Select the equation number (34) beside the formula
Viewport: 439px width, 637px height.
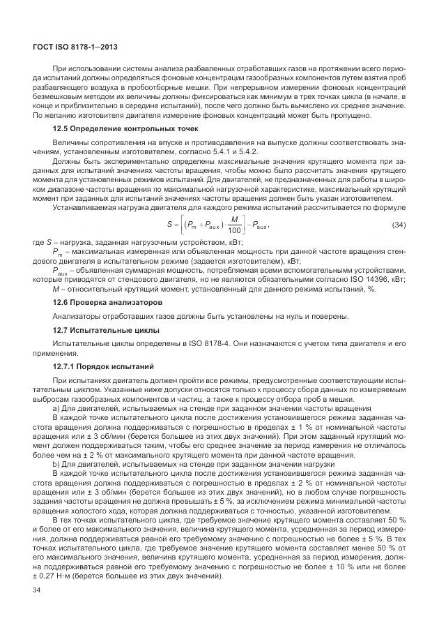(x=399, y=225)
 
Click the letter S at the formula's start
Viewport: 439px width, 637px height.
(x=170, y=225)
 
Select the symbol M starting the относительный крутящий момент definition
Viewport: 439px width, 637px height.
(x=56, y=288)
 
